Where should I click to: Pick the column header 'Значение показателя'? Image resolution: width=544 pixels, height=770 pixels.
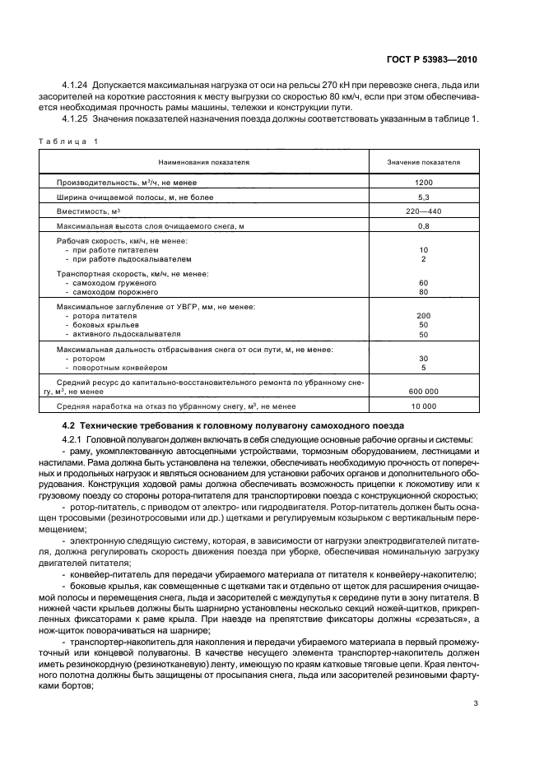pyautogui.click(x=423, y=163)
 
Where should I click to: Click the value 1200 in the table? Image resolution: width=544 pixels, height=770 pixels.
pyautogui.click(x=423, y=182)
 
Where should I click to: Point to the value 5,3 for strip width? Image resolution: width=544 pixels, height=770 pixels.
pyautogui.click(x=423, y=197)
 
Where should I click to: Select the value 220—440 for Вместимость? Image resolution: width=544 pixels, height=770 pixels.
pyautogui.click(x=423, y=211)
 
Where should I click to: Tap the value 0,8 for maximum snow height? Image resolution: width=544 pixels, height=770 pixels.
pyautogui.click(x=423, y=226)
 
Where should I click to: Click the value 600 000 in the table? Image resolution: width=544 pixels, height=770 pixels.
pyautogui.click(x=423, y=392)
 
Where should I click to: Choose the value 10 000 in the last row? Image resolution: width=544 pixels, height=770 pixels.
pyautogui.click(x=423, y=406)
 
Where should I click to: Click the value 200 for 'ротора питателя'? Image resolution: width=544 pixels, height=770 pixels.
pyautogui.click(x=423, y=316)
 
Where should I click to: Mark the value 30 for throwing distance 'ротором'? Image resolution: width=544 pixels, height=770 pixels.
pyautogui.click(x=423, y=359)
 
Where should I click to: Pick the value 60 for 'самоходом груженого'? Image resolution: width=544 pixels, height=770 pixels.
pyautogui.click(x=423, y=282)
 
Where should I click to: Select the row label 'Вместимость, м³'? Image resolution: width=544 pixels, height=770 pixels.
pyautogui.click(x=88, y=211)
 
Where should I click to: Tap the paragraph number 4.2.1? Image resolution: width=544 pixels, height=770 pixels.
pyautogui.click(x=74, y=439)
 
